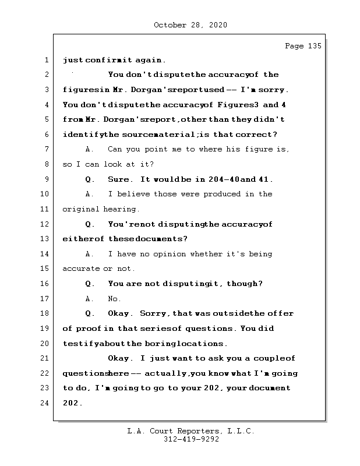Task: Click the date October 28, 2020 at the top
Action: tap(190, 25)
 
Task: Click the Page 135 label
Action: tap(303, 47)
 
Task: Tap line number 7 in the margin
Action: tap(45, 150)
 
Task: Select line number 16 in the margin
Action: tap(45, 284)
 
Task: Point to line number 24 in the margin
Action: tap(45, 403)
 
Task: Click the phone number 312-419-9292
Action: tap(191, 440)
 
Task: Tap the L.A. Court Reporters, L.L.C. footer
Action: tap(191, 431)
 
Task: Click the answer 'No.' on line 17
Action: tap(115, 299)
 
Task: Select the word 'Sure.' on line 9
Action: tap(121, 179)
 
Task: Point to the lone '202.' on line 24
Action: tap(73, 403)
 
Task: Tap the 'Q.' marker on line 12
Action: tap(90, 224)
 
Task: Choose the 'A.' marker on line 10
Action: tap(90, 194)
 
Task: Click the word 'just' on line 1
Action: tap(73, 60)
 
